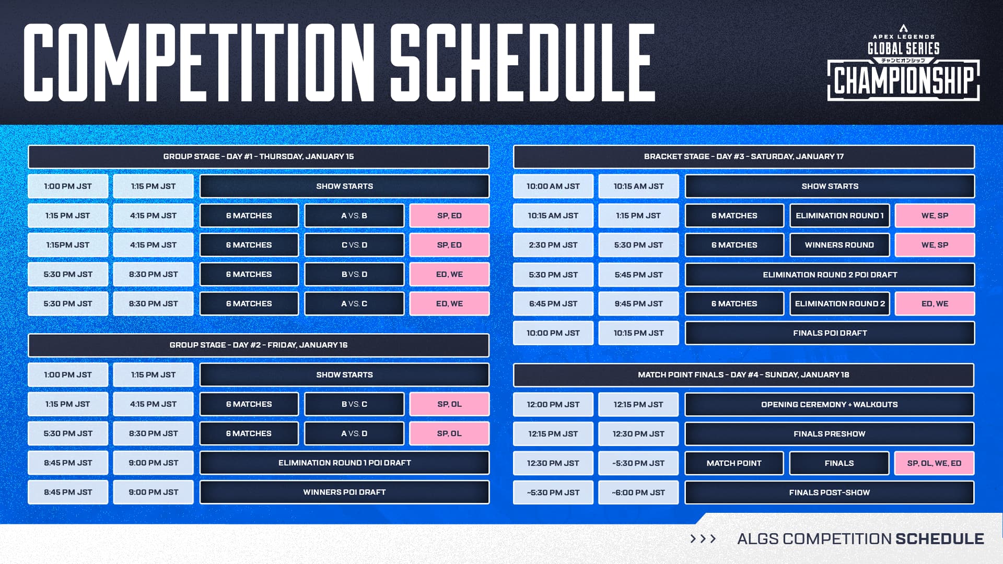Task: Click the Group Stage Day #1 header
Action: [258, 157]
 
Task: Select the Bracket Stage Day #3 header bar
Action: [743, 157]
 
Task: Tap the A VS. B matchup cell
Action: [354, 216]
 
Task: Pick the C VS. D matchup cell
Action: [354, 245]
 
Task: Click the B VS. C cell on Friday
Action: [354, 404]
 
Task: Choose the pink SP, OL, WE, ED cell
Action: [934, 463]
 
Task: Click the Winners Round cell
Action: [839, 245]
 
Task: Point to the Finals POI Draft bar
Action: [830, 333]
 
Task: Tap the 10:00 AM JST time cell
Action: [553, 186]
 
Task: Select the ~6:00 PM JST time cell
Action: [638, 492]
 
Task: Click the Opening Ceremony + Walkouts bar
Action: [829, 405]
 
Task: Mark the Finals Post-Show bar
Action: [829, 492]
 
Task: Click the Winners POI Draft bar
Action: [344, 492]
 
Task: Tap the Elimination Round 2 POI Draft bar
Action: [830, 275]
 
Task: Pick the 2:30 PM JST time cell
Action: [553, 245]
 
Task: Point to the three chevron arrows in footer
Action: [703, 539]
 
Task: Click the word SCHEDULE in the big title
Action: [522, 63]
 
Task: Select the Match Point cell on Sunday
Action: [733, 463]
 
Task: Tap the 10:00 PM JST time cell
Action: [553, 333]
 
